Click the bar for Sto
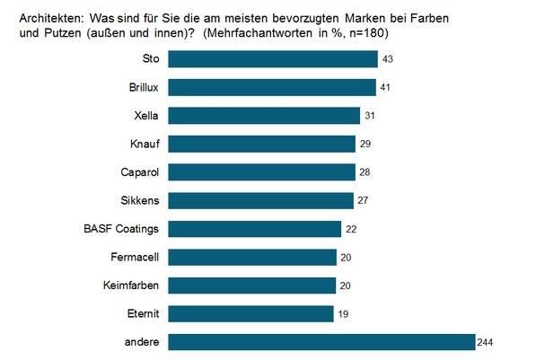[273, 59]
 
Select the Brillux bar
[272, 87]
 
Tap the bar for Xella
[264, 116]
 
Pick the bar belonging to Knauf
[262, 144]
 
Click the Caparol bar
[261, 172]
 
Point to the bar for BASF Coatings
[255, 229]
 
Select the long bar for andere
[321, 342]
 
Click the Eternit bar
[251, 313]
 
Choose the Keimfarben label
[133, 285]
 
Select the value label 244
[488, 342]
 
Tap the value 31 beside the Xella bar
[369, 116]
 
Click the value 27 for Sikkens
[362, 200]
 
